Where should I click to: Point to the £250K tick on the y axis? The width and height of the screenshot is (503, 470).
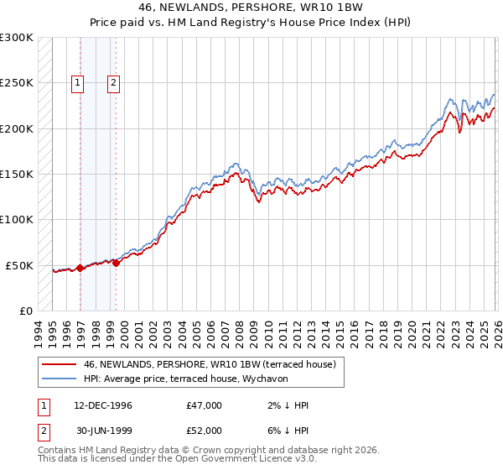click(17, 83)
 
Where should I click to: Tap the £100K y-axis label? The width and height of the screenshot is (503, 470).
click(17, 219)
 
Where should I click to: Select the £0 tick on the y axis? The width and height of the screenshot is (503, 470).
click(25, 311)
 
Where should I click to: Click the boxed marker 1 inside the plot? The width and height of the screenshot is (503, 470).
click(77, 82)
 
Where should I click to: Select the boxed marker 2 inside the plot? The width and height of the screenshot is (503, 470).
click(113, 82)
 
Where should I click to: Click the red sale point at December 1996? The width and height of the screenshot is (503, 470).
click(80, 268)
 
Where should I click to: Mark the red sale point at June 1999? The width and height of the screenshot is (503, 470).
click(117, 263)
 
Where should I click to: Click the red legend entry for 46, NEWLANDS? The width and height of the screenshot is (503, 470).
click(210, 364)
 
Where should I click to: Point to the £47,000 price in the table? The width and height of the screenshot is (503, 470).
click(205, 405)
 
